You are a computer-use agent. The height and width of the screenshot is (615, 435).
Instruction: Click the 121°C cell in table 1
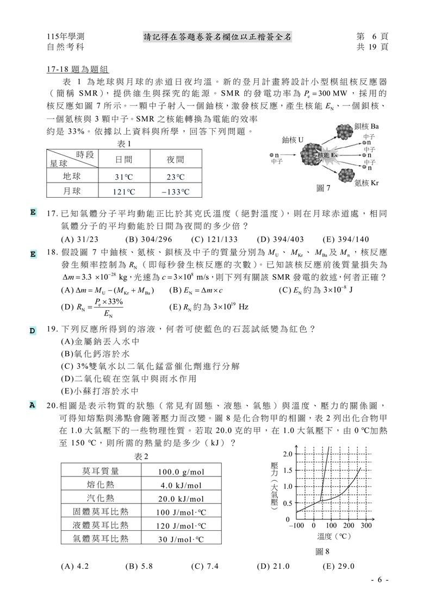coord(123,192)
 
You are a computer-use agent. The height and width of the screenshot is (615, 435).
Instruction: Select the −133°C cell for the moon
coord(175,192)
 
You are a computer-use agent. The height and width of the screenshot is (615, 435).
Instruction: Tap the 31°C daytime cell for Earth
coord(123,177)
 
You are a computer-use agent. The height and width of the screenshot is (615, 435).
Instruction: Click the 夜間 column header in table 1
coord(175,159)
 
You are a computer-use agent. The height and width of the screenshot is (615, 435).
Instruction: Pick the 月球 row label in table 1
coord(72,191)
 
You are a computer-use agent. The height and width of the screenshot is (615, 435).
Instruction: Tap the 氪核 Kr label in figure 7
coord(366,183)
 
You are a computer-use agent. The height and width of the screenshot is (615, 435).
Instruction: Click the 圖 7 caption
coord(324,189)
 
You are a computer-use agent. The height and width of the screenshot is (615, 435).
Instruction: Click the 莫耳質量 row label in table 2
coord(101,472)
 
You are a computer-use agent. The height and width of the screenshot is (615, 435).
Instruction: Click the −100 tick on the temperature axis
coord(296,526)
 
